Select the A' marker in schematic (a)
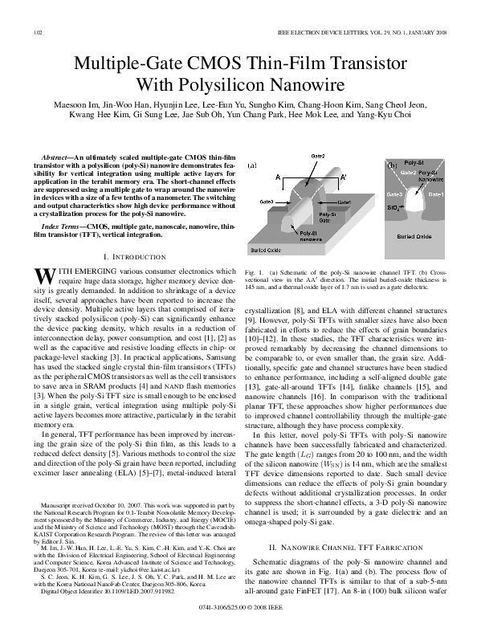click(344, 174)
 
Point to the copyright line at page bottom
click(238, 621)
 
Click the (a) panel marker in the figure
click(251, 165)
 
